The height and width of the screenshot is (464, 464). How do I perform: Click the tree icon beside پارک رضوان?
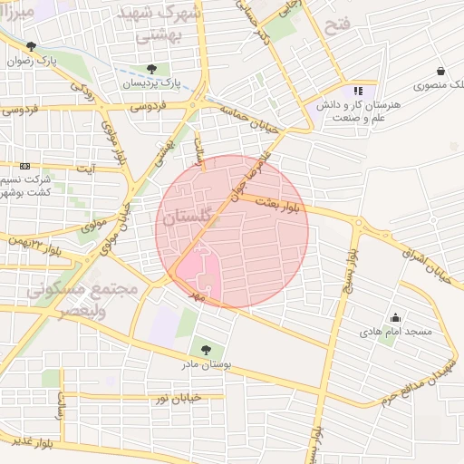32,46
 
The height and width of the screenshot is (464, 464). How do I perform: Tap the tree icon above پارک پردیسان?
151,69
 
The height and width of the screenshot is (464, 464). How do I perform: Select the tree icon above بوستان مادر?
207,349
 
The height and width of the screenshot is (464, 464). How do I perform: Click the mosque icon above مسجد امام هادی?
395,318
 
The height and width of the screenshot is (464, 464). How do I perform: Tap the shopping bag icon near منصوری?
440,71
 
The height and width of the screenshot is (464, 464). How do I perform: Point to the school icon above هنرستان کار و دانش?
359,91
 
